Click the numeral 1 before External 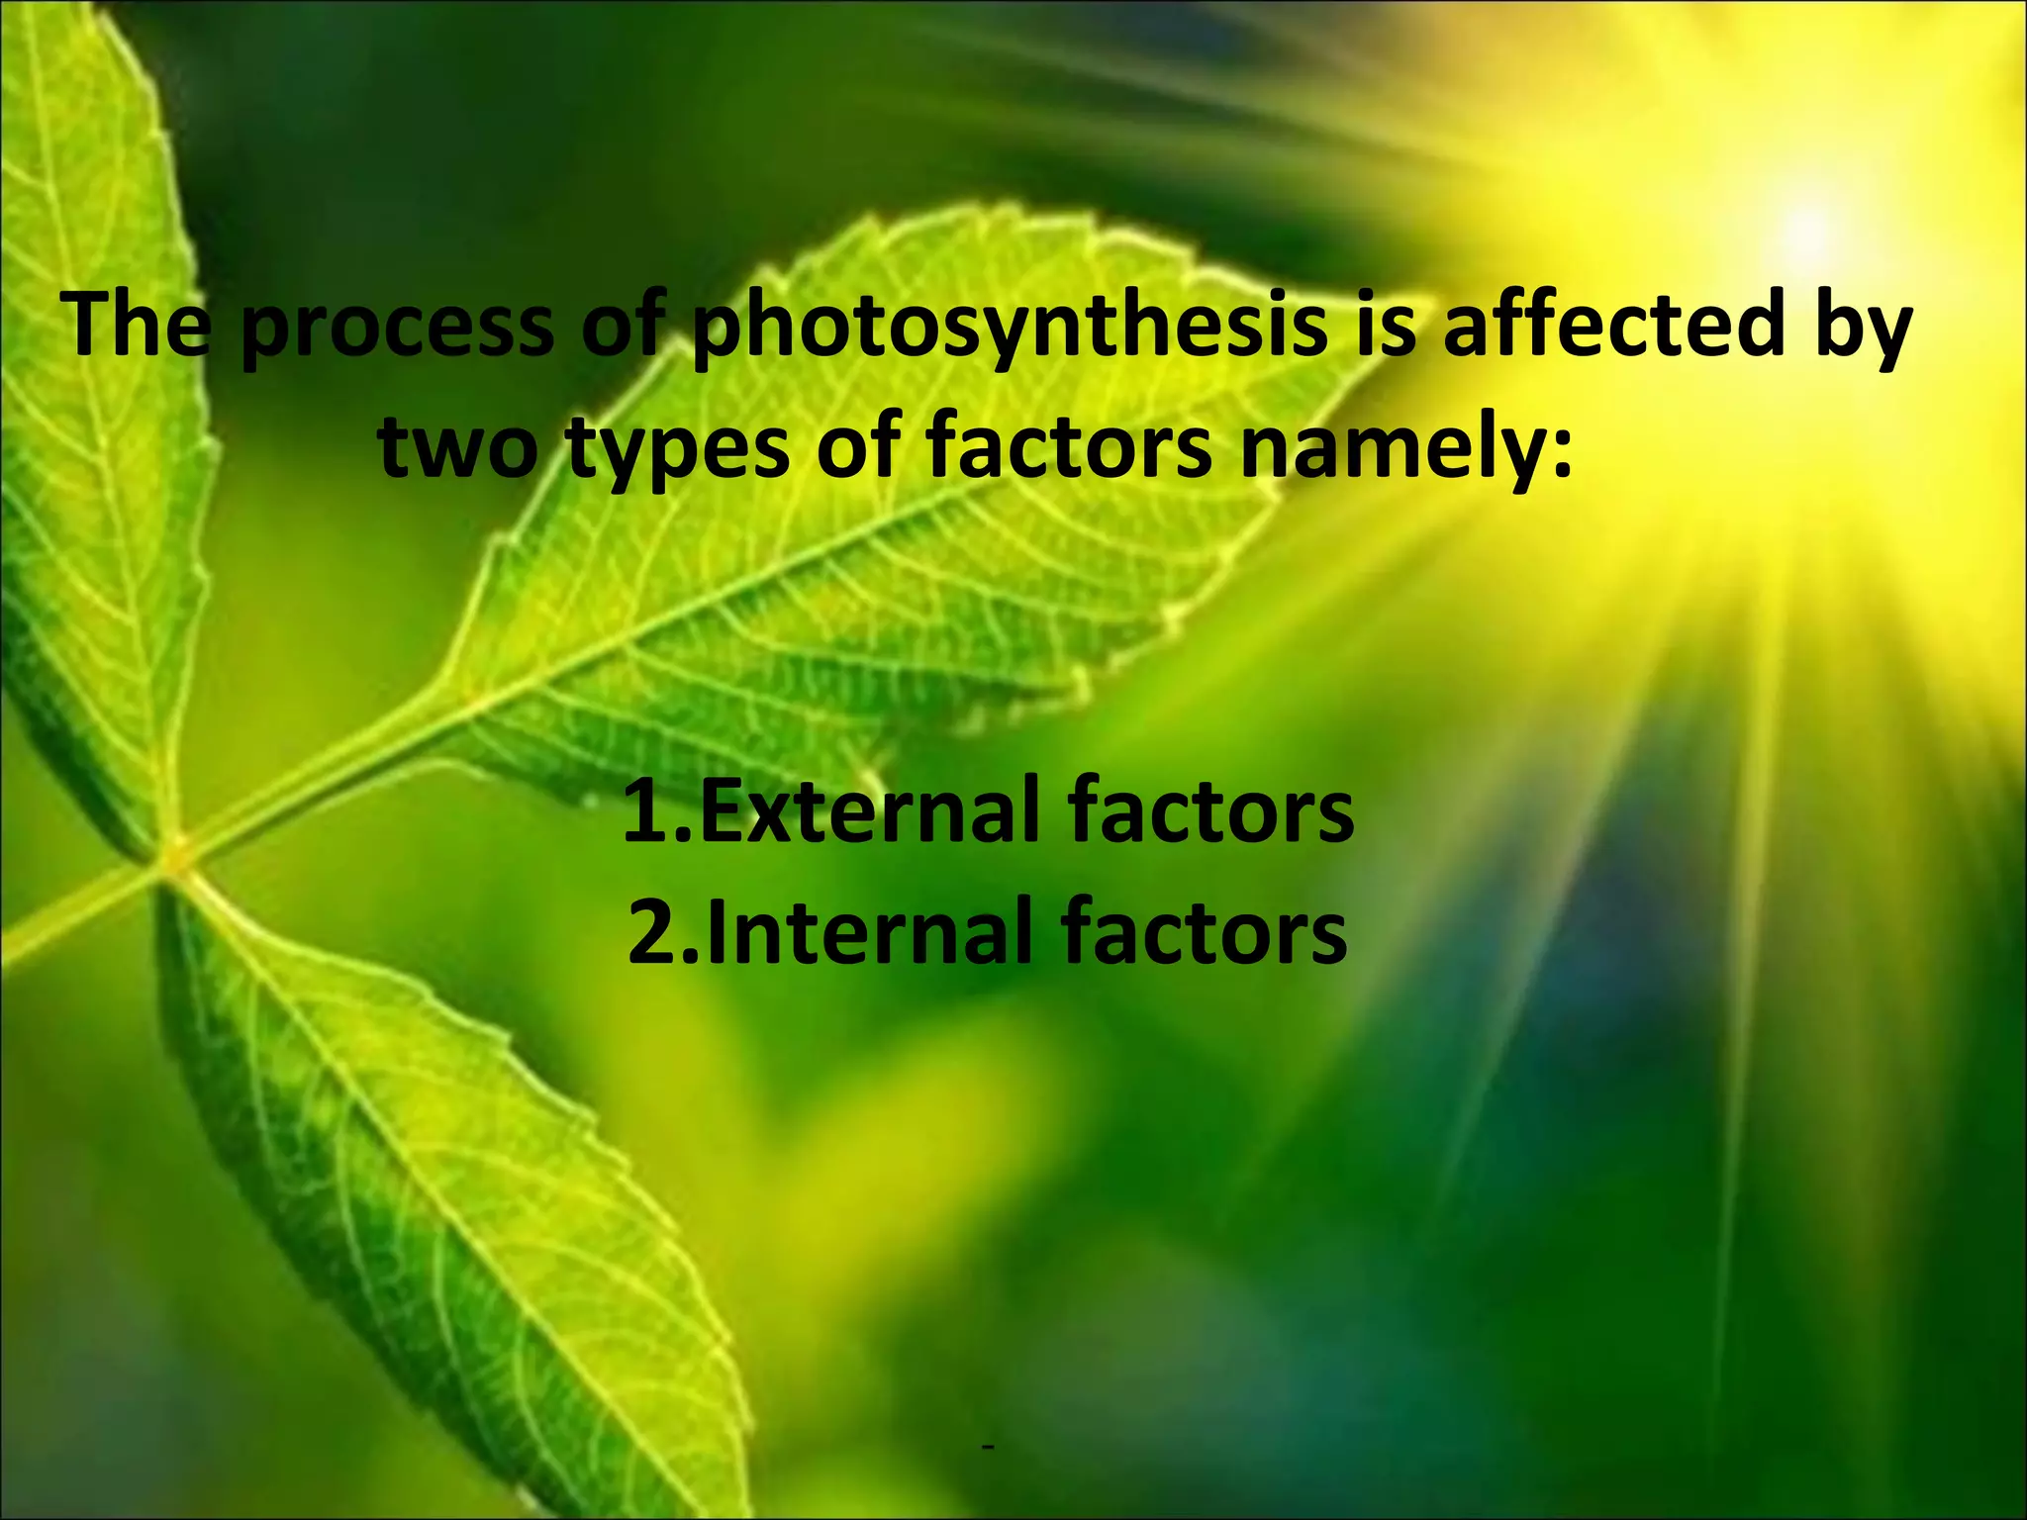pyautogui.click(x=648, y=812)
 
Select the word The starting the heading pyautogui.click(x=137, y=326)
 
